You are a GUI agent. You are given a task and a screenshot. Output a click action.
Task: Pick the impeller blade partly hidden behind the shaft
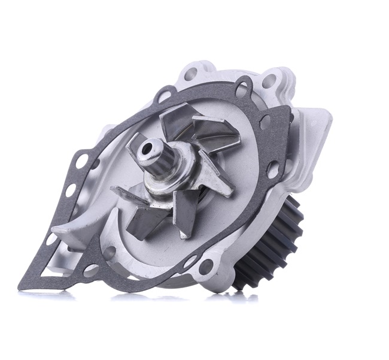pos(174,123)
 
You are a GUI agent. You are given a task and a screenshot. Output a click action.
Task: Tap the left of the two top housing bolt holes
pos(192,75)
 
